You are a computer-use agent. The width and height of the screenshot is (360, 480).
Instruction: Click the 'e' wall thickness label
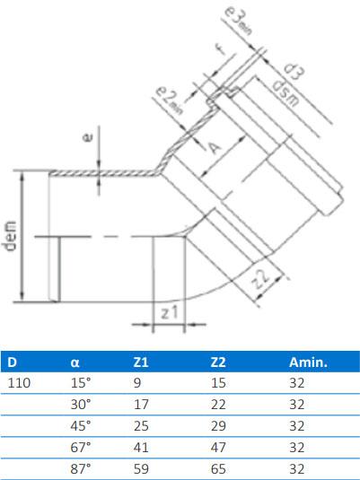[86, 138]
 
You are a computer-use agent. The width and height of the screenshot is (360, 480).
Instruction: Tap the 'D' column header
[12, 363]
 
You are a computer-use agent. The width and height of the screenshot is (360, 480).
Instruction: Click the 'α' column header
[75, 363]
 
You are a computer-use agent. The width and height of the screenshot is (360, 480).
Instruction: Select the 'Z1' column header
[141, 363]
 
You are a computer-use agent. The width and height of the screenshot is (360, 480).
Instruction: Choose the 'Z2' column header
[216, 363]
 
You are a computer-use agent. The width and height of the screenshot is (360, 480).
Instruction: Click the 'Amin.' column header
[307, 363]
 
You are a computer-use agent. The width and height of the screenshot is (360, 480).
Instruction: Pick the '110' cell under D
[18, 383]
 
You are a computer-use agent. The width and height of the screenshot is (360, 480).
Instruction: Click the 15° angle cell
[80, 383]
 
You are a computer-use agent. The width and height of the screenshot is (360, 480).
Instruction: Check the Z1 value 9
[136, 383]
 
